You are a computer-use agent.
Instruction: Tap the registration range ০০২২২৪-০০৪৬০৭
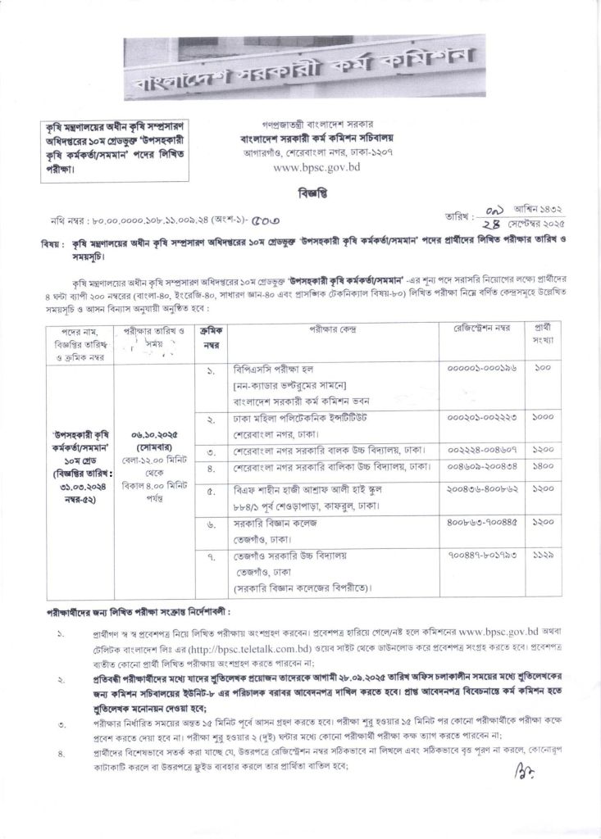(x=482, y=450)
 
